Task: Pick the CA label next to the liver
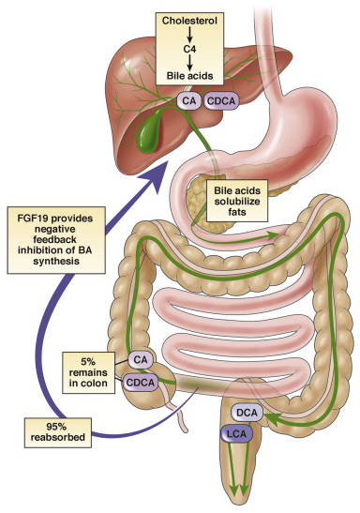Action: tap(188, 98)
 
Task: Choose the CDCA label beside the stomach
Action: tap(221, 98)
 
